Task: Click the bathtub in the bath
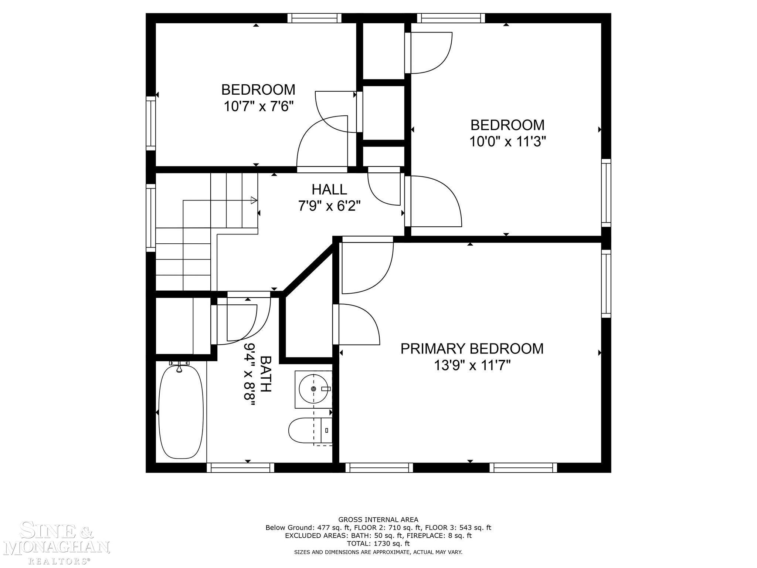click(x=181, y=411)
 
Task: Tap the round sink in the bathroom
click(x=313, y=389)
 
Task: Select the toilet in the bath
click(x=310, y=430)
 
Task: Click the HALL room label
click(x=329, y=189)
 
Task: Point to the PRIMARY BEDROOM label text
click(x=472, y=349)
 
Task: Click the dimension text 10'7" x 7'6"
click(x=258, y=107)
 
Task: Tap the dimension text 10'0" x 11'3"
click(x=508, y=142)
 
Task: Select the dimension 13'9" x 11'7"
click(x=472, y=366)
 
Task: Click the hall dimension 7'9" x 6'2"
click(x=329, y=206)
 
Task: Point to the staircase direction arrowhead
click(x=254, y=200)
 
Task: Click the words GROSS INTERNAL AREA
click(x=378, y=520)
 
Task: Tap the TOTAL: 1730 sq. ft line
click(x=378, y=544)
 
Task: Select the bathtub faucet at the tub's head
click(x=179, y=366)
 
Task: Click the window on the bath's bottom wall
click(x=240, y=468)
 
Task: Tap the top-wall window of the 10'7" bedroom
click(x=314, y=18)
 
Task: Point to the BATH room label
click(x=266, y=374)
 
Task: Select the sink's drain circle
click(x=313, y=389)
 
